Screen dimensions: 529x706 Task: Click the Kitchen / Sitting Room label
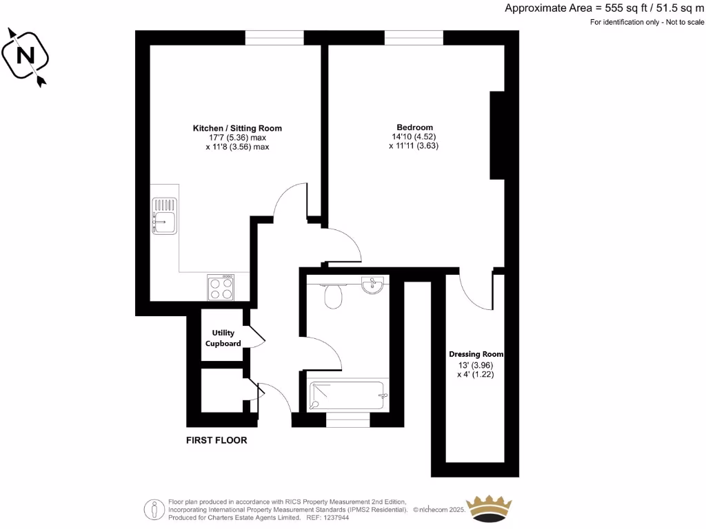pyautogui.click(x=237, y=128)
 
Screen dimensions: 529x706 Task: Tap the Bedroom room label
pyautogui.click(x=414, y=127)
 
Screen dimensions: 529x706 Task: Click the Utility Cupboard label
pyautogui.click(x=223, y=338)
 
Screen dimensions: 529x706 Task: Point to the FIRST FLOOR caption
pyautogui.click(x=216, y=440)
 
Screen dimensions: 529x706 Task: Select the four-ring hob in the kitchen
pyautogui.click(x=221, y=287)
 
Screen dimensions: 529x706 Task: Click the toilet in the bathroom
pyautogui.click(x=334, y=296)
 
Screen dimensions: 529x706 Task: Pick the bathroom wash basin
pyautogui.click(x=374, y=284)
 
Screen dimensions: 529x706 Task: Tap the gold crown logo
pyautogui.click(x=492, y=508)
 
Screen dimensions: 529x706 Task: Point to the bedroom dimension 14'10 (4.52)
pyautogui.click(x=414, y=136)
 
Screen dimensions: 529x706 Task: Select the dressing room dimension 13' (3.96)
pyautogui.click(x=475, y=365)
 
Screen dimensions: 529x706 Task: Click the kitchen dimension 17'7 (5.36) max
pyautogui.click(x=237, y=138)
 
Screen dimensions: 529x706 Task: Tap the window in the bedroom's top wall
pyautogui.click(x=414, y=38)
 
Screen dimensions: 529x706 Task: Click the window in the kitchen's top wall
pyautogui.click(x=274, y=38)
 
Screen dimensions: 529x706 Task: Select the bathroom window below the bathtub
pyautogui.click(x=347, y=419)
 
